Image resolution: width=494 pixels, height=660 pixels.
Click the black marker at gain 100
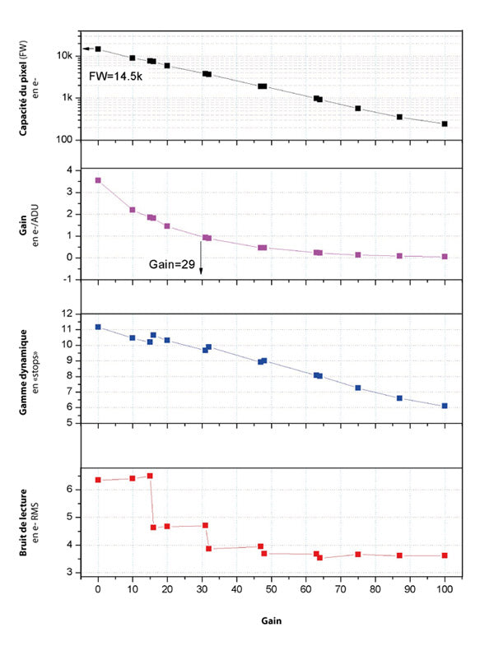pyautogui.click(x=445, y=124)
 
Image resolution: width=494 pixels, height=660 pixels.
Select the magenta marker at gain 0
pyautogui.click(x=98, y=180)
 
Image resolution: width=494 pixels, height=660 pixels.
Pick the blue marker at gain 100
pyautogui.click(x=445, y=406)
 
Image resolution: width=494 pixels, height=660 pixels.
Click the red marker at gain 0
pyautogui.click(x=98, y=480)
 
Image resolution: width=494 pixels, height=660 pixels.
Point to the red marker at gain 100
pyautogui.click(x=445, y=555)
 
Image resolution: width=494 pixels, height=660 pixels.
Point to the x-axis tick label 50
pyautogui.click(x=271, y=590)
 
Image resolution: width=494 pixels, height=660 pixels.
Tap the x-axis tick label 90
pyautogui.click(x=410, y=590)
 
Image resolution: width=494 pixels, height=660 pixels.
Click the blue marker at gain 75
pyautogui.click(x=358, y=388)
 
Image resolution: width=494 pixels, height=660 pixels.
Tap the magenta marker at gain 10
pyautogui.click(x=133, y=210)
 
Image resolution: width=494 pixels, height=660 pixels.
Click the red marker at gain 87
pyautogui.click(x=399, y=555)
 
